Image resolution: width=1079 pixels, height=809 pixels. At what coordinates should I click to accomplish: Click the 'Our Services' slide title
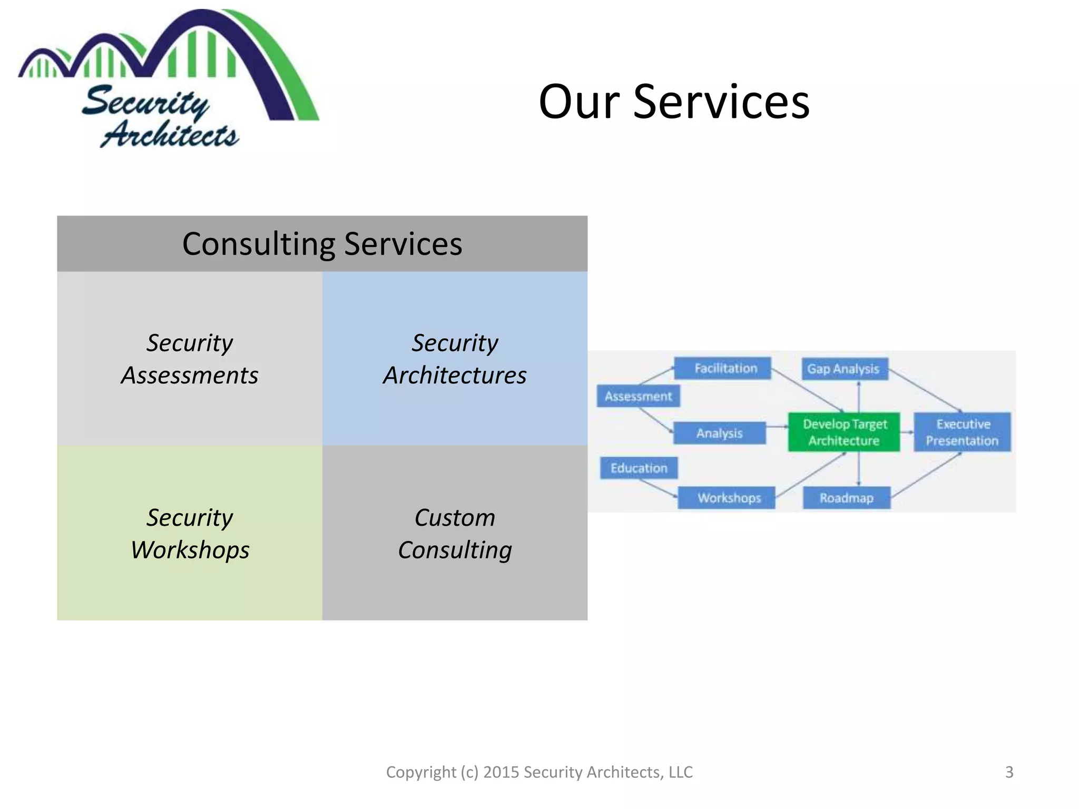click(x=674, y=102)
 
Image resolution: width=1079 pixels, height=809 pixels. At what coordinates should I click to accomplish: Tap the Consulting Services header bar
click(x=322, y=244)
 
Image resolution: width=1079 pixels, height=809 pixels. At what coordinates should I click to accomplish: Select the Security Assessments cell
click(x=190, y=359)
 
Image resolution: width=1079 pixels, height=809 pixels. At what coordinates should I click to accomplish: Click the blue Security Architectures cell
click(x=455, y=359)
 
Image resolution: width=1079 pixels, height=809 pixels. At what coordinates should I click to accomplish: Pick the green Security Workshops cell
click(x=190, y=533)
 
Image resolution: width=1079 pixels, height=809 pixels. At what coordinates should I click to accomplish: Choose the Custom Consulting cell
click(x=455, y=533)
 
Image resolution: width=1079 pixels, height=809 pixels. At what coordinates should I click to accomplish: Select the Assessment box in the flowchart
click(x=638, y=396)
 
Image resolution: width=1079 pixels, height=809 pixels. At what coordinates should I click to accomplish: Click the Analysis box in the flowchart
click(x=719, y=433)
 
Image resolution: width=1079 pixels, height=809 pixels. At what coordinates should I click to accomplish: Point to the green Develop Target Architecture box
click(x=844, y=432)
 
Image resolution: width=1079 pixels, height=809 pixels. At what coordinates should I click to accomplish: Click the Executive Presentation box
click(x=962, y=432)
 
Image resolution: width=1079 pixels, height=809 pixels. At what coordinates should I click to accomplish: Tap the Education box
click(x=639, y=468)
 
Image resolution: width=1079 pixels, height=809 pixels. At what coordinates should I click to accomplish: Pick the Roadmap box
click(x=846, y=498)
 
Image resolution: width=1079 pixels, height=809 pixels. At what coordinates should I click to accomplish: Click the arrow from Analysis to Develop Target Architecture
click(x=777, y=427)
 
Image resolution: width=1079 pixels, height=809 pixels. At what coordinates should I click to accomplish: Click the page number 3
click(x=1009, y=772)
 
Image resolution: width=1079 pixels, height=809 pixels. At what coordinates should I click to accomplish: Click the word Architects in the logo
click(x=170, y=135)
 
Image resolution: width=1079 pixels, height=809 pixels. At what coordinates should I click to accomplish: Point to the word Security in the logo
click(x=145, y=102)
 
